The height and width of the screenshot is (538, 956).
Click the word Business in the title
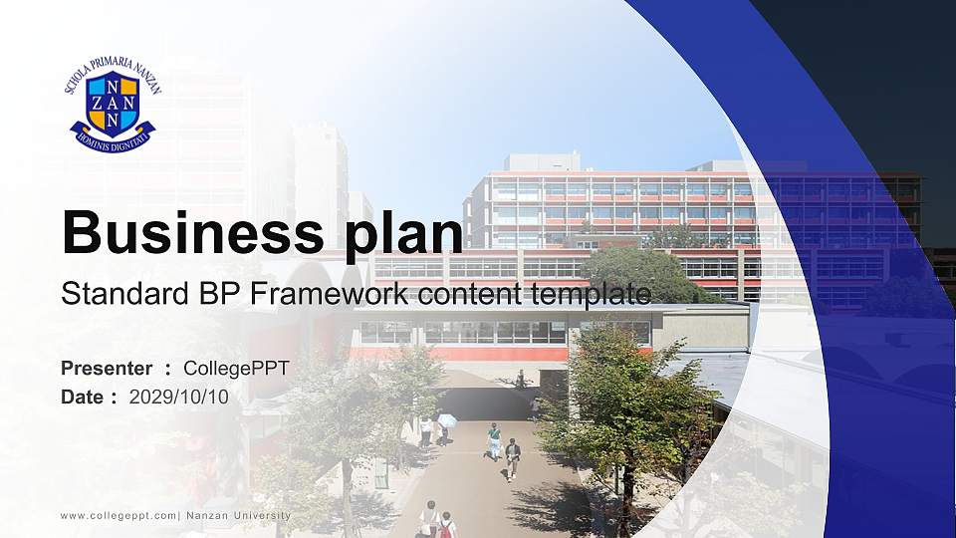(x=186, y=233)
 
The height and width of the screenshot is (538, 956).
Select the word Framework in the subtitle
(x=335, y=294)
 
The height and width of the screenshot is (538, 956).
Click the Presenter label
(x=107, y=369)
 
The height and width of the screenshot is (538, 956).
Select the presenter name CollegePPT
(x=236, y=369)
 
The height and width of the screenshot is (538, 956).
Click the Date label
(x=83, y=397)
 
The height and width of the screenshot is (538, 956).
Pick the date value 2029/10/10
(x=178, y=397)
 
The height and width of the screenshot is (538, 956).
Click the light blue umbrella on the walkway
(x=447, y=420)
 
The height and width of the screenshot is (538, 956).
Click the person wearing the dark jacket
(x=513, y=458)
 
